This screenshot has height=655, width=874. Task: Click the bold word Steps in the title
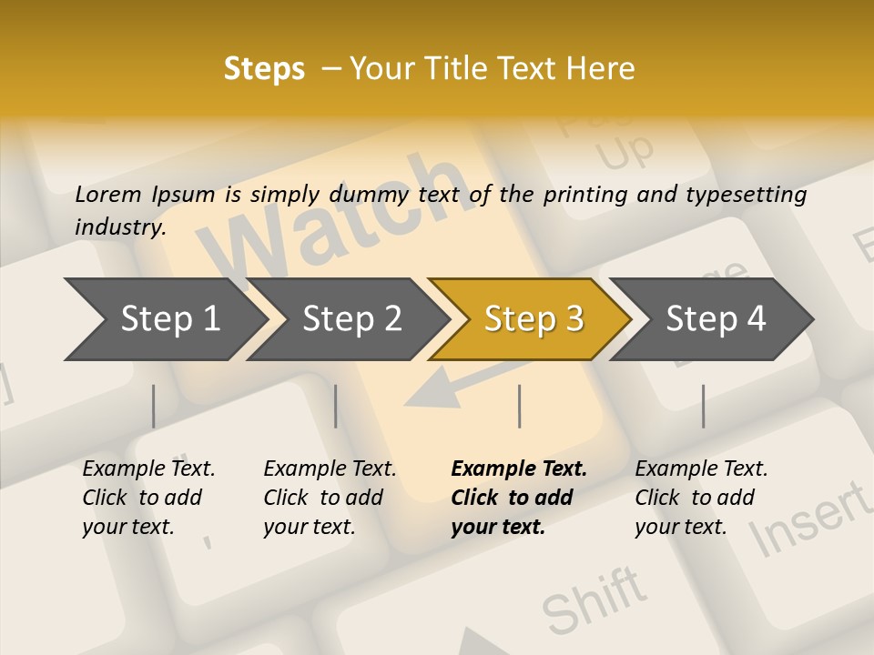pos(264,69)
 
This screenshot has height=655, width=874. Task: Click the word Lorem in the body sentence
pos(107,195)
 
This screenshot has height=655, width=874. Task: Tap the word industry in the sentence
pos(119,227)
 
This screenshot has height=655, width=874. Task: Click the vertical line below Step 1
pos(154,406)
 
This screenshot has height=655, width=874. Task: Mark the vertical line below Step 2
pos(336,406)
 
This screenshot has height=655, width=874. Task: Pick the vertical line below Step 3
pos(519,406)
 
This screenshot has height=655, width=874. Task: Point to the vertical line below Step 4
pos(703,406)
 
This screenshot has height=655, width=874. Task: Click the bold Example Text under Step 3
pos(519,469)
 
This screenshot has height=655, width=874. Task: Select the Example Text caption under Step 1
pos(148,469)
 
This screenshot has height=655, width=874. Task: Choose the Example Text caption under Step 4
pos(701,469)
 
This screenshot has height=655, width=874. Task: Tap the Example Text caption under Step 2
pos(330,469)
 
